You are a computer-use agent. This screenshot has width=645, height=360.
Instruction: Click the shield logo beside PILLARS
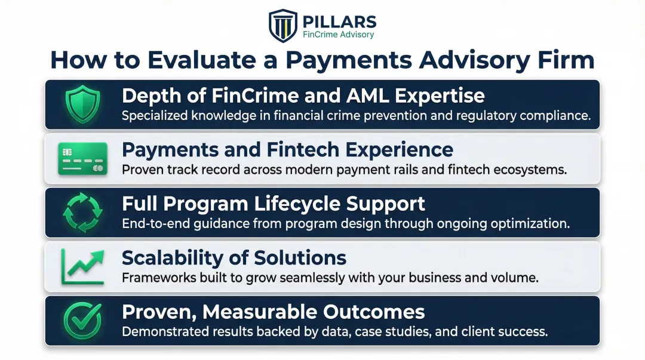click(x=283, y=25)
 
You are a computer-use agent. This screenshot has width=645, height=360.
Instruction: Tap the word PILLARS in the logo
click(x=340, y=21)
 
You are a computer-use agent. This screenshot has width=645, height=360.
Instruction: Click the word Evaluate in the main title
click(x=198, y=60)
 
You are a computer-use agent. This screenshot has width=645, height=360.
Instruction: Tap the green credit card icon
click(x=83, y=159)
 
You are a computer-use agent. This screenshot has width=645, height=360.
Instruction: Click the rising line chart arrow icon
click(x=83, y=266)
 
